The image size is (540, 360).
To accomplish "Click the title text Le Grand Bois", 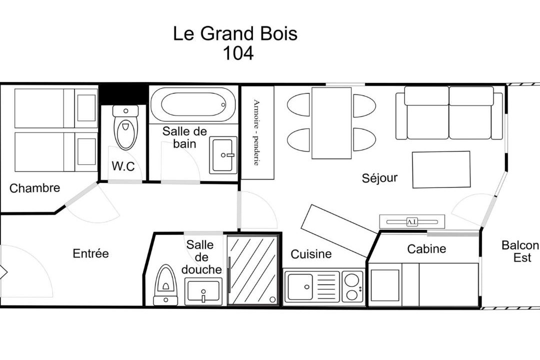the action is [235, 34].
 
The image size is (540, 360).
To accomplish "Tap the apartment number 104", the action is [238, 53].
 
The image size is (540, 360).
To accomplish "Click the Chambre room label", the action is [35, 188].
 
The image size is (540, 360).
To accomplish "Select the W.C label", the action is [123, 166].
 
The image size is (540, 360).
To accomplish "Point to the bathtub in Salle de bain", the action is [193, 104].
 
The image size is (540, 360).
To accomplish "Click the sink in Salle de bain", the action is [223, 155].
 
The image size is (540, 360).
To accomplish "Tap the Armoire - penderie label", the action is [256, 132].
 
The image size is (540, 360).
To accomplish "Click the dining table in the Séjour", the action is [331, 123].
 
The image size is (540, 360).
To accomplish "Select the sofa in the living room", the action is [449, 113].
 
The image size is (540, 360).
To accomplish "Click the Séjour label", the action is [379, 178].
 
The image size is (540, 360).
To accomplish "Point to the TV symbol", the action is [412, 221].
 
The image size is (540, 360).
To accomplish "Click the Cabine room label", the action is [426, 248].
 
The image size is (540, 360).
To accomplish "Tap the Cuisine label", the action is [311, 254].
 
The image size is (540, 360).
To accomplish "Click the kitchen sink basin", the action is [300, 286].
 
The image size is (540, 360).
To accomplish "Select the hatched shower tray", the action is [253, 270].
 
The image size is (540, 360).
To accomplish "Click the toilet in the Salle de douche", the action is [165, 285].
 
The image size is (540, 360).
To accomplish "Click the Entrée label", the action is [90, 253].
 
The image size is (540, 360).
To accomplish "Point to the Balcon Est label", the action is [520, 251].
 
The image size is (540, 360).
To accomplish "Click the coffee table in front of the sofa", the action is [441, 169].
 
